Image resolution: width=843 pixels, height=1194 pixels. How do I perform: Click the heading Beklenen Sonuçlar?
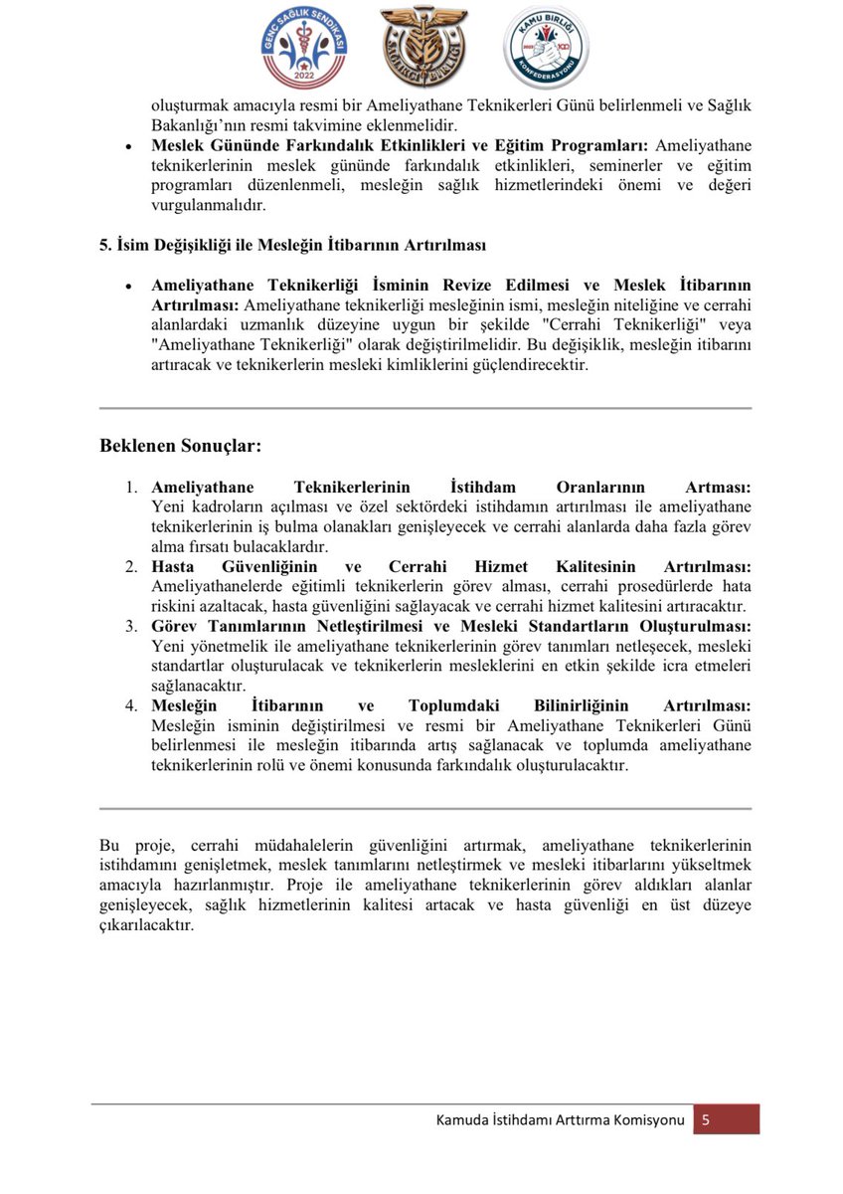click(x=180, y=446)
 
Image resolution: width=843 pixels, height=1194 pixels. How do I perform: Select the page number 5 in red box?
click(x=705, y=1119)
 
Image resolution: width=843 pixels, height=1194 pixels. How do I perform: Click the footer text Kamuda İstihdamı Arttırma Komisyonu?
click(x=560, y=1120)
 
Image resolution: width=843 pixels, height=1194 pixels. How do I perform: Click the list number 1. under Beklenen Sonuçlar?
click(x=131, y=488)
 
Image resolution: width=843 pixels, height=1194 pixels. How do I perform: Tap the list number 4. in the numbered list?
click(x=131, y=705)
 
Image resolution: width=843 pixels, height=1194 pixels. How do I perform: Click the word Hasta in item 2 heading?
click(x=173, y=566)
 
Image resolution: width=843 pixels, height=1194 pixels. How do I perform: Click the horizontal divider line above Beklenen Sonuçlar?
click(x=425, y=408)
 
